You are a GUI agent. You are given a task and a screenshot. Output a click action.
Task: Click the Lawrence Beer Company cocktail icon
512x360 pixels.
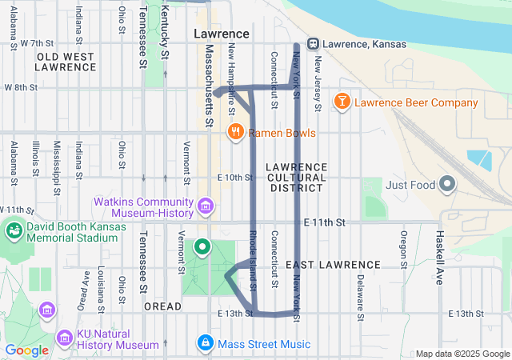click(x=342, y=102)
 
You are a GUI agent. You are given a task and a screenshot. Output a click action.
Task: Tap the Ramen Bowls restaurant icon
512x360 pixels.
click(x=235, y=132)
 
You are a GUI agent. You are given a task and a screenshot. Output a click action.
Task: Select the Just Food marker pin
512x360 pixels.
click(x=447, y=185)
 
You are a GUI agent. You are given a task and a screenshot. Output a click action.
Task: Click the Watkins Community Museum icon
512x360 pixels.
click(x=206, y=208)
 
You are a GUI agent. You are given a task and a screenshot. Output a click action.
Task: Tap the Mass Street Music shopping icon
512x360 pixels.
click(x=206, y=344)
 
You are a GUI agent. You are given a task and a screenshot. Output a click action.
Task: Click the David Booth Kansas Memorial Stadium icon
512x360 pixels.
click(x=13, y=232)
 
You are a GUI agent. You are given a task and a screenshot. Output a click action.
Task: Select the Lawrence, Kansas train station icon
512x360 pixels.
click(x=314, y=44)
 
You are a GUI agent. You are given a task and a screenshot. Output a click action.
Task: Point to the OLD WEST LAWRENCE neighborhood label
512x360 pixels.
click(x=66, y=62)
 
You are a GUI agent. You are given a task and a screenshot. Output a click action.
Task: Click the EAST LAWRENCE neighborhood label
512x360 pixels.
click(x=332, y=265)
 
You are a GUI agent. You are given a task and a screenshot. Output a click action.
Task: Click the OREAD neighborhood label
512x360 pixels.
click(x=158, y=306)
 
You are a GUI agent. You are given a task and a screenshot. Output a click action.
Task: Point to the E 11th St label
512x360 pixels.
click(x=324, y=222)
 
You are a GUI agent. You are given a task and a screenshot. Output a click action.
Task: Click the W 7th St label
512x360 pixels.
click(x=37, y=42)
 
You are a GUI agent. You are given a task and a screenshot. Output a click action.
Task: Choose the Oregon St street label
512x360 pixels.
click(x=404, y=250)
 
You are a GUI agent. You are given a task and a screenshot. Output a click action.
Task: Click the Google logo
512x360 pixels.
click(x=27, y=350)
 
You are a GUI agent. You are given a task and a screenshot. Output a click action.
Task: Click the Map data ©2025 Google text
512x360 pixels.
click(x=462, y=354)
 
